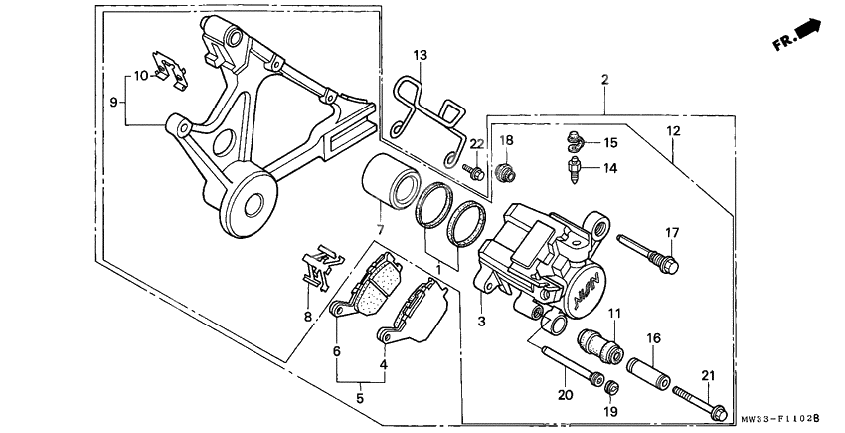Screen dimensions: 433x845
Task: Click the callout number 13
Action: coord(420,54)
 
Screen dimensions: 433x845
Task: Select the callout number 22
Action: coord(476,145)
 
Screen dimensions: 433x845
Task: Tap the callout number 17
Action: coord(673,233)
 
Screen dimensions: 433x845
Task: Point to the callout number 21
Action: coord(707,374)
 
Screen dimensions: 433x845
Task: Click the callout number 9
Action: coord(114,101)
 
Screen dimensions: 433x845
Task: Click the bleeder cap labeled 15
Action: coord(575,140)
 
